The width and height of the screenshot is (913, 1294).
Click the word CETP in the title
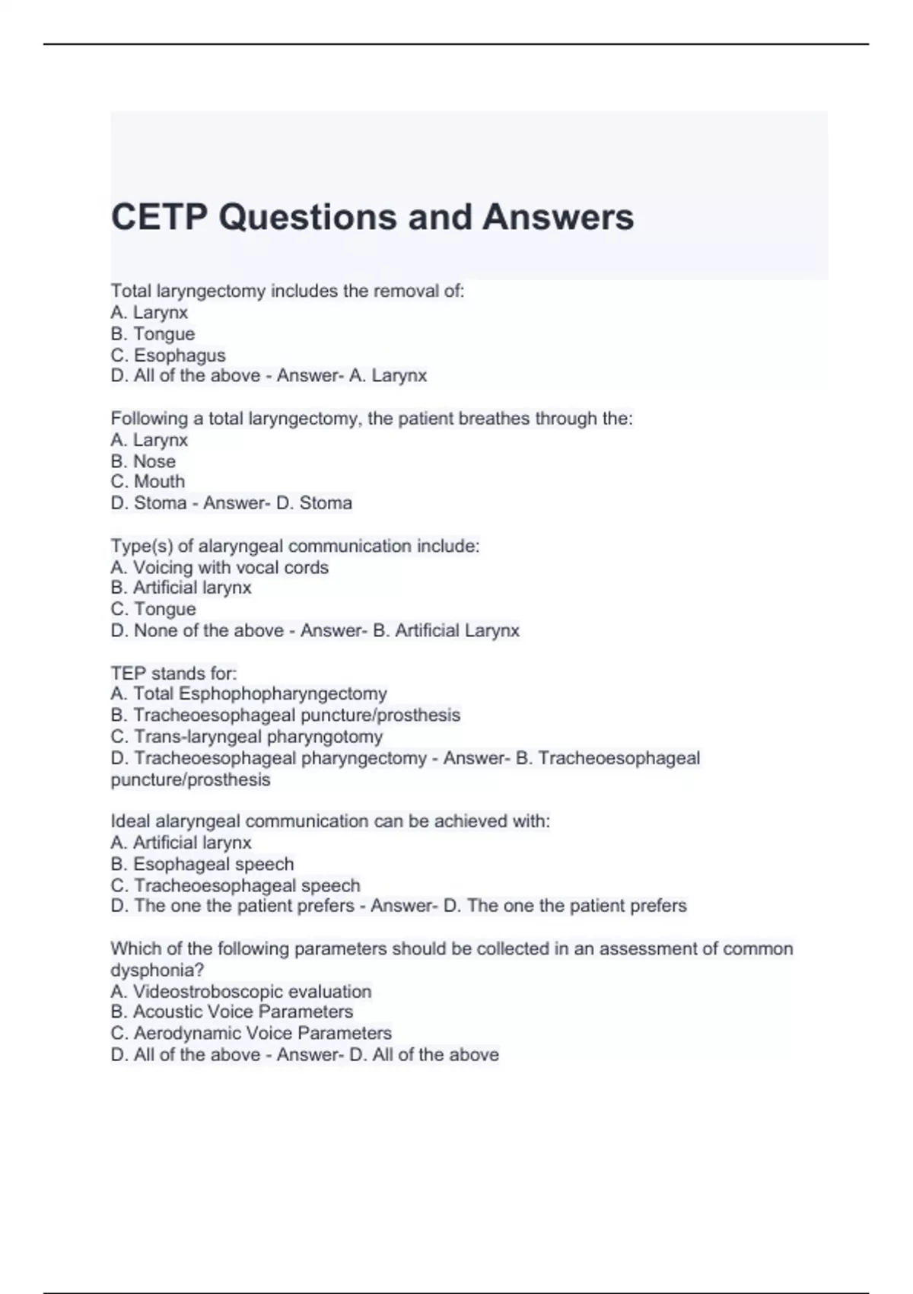point(159,217)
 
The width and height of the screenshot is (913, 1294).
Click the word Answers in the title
point(558,217)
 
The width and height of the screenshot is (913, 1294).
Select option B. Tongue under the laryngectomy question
point(153,333)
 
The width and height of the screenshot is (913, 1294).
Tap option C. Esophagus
point(168,355)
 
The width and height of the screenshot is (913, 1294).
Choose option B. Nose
point(143,461)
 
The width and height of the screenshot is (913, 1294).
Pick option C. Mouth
point(148,482)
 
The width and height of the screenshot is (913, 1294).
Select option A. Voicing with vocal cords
point(220,567)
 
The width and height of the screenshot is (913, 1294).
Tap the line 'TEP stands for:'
point(174,673)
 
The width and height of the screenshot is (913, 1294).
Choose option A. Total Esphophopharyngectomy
point(249,693)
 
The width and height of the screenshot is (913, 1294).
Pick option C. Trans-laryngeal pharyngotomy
point(247,736)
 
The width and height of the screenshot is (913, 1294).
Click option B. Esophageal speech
point(202,864)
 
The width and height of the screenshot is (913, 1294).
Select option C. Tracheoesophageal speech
point(235,885)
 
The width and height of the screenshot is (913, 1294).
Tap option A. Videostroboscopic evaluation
point(241,991)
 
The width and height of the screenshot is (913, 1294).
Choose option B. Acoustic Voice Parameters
point(232,1012)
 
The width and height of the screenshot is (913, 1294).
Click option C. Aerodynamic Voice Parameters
point(251,1033)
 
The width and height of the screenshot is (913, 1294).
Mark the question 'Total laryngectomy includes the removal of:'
point(288,291)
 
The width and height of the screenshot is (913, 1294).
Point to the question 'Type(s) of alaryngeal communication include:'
point(295,546)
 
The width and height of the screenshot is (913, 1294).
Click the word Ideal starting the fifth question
point(130,821)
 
